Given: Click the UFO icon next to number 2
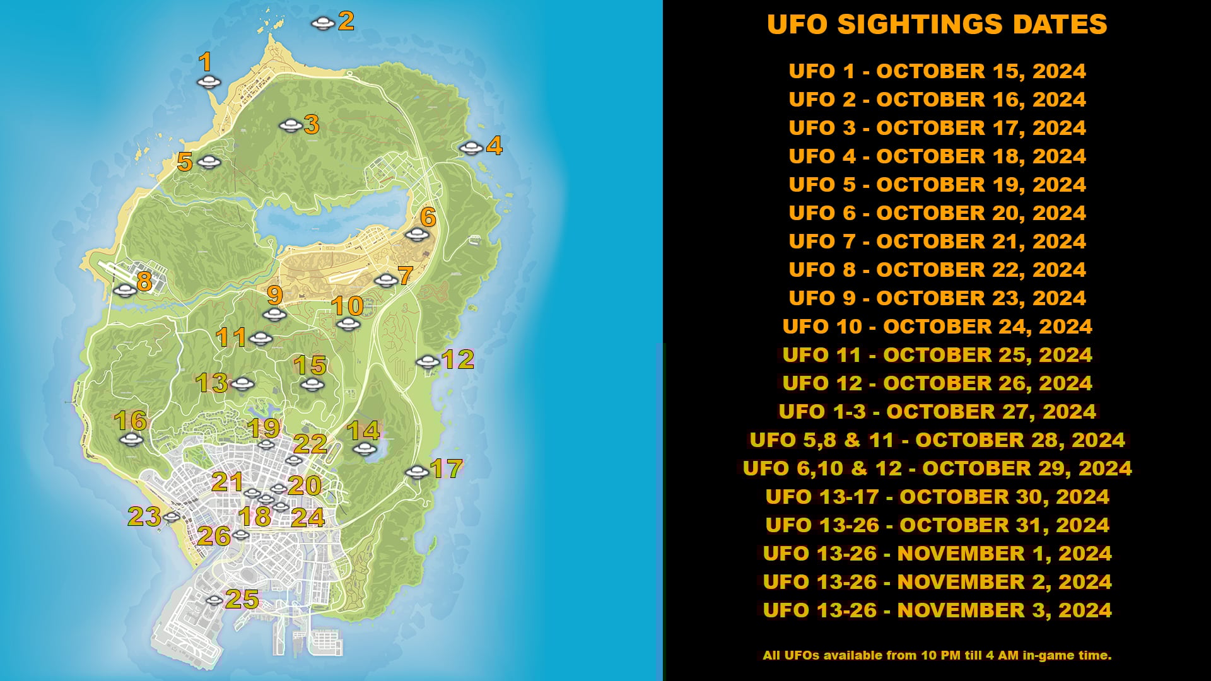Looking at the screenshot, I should pyautogui.click(x=322, y=24).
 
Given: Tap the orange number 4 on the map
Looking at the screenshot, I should pyautogui.click(x=494, y=146).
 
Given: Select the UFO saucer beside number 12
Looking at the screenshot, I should pyautogui.click(x=428, y=361).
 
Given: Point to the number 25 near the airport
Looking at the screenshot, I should pyautogui.click(x=242, y=599).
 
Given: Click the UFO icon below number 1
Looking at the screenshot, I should pyautogui.click(x=208, y=82).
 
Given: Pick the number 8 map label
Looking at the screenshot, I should pyautogui.click(x=144, y=281).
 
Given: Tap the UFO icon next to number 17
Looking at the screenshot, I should pyautogui.click(x=416, y=472).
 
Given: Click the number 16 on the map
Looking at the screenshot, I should pyautogui.click(x=131, y=421).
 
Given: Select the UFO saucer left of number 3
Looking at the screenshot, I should pyautogui.click(x=290, y=125).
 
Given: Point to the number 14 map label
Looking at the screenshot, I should pyautogui.click(x=363, y=431).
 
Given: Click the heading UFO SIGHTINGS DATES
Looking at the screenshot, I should pyautogui.click(x=937, y=25).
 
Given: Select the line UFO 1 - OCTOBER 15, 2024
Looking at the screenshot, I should pyautogui.click(x=937, y=71).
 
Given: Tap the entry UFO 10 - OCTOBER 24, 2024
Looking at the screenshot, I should pyautogui.click(x=937, y=327).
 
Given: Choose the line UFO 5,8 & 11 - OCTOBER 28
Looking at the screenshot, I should pyautogui.click(x=937, y=440).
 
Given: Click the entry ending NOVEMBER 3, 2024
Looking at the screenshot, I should pyautogui.click(x=937, y=610).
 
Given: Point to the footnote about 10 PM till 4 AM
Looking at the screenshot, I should pyautogui.click(x=937, y=656).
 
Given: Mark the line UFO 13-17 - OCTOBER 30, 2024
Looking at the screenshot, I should pyautogui.click(x=937, y=497).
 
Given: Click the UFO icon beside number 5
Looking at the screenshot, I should pyautogui.click(x=209, y=162).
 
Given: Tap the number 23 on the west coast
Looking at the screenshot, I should pyautogui.click(x=144, y=516).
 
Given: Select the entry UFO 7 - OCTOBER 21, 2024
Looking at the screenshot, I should pyautogui.click(x=937, y=242).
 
